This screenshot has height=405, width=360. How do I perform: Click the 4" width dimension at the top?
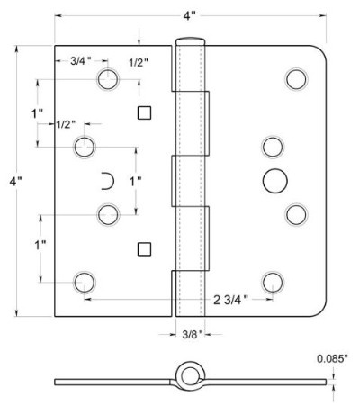[x=189, y=15]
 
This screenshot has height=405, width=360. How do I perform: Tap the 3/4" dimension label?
[x=81, y=61]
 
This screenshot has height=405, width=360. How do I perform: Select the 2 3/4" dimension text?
[x=231, y=300]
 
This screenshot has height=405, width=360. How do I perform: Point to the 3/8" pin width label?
[x=193, y=334]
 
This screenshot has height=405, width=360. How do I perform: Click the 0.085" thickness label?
[x=332, y=359]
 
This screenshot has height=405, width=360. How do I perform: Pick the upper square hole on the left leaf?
[x=144, y=113]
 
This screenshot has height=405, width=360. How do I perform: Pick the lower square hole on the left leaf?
[x=144, y=249]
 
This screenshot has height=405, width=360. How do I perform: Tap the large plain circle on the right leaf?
[x=275, y=181]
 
